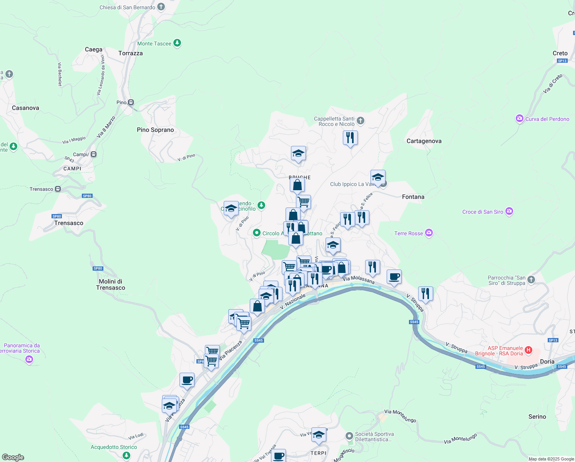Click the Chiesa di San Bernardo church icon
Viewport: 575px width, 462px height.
[x=161, y=7]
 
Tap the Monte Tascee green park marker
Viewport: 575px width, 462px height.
[x=177, y=43]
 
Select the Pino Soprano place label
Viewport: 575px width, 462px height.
[x=155, y=130]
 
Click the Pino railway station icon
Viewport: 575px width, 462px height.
[x=131, y=102]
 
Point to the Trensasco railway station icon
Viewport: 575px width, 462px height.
[x=58, y=189]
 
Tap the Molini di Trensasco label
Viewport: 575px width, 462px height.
[x=110, y=285]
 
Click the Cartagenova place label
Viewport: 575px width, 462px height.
[x=424, y=141]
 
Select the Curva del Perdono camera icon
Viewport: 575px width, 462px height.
[x=520, y=119]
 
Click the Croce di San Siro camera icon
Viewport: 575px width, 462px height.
[x=509, y=211]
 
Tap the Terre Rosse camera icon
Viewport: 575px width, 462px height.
[x=429, y=233]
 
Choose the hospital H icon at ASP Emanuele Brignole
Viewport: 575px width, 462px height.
[x=528, y=350]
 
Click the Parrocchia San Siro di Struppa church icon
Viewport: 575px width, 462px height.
[x=531, y=280]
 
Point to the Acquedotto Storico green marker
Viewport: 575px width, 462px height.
[x=126, y=455]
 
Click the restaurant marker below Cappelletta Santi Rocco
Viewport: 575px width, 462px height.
[x=350, y=138]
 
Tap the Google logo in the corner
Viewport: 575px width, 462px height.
[x=13, y=457]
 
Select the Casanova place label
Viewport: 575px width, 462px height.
[x=25, y=108]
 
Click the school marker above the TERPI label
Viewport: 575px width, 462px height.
[x=319, y=435]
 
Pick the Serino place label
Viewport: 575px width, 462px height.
[x=537, y=417]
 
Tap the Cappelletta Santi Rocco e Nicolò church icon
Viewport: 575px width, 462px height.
[x=360, y=121]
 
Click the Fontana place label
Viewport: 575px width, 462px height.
[x=413, y=197]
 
